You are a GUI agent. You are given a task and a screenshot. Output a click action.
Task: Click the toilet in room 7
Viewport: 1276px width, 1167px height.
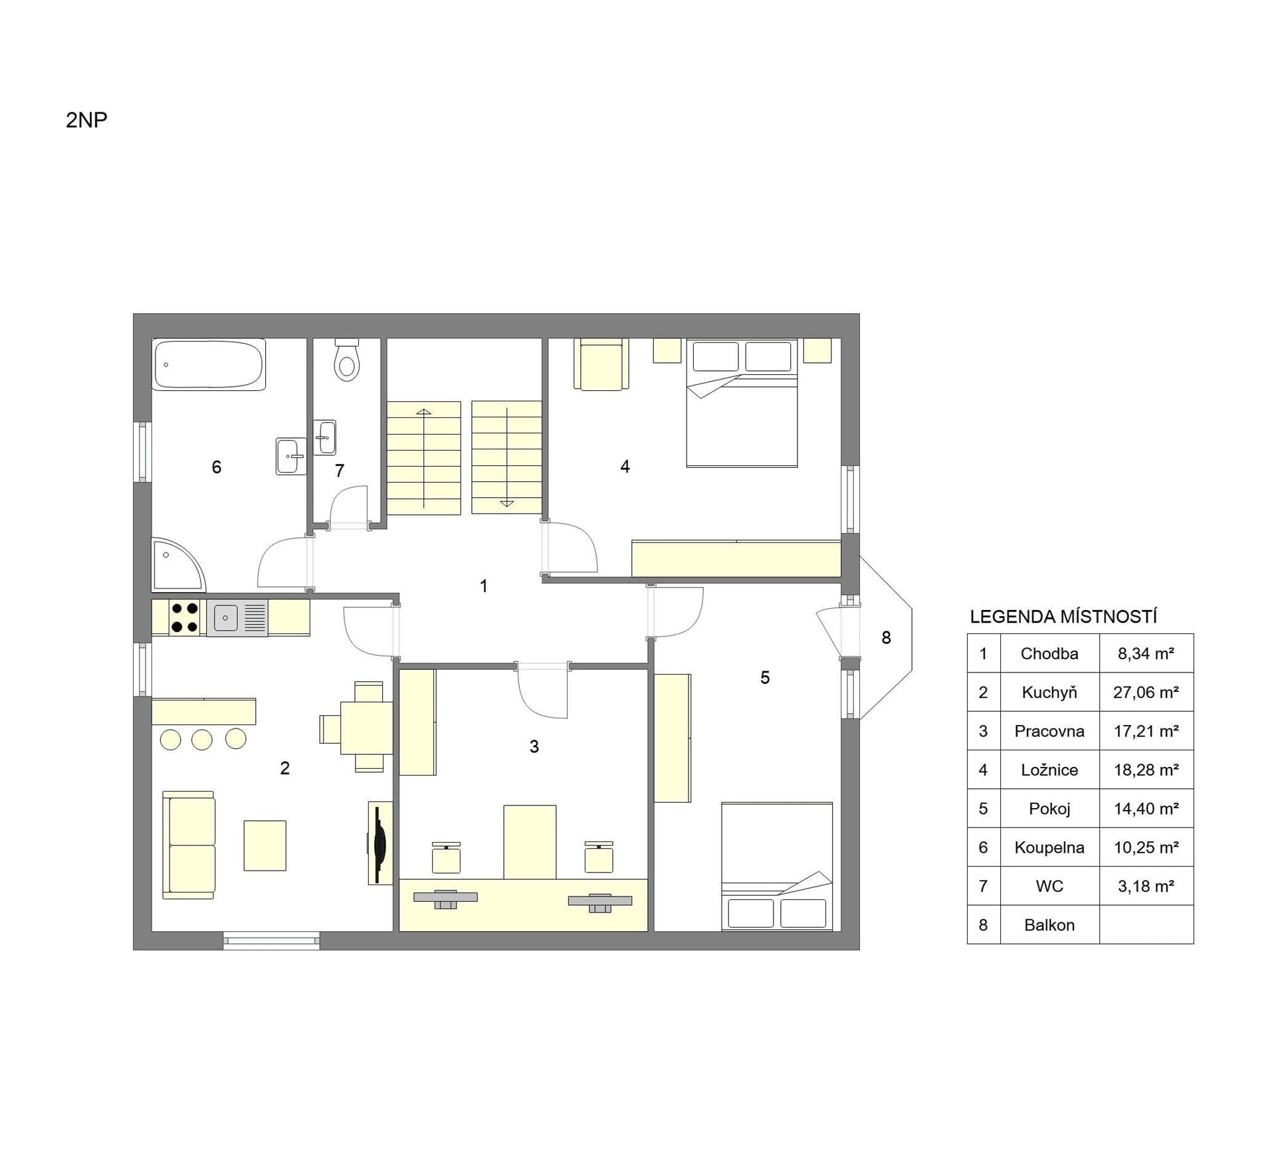[x=346, y=360]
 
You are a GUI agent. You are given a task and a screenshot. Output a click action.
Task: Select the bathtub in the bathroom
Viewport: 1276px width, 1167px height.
[x=209, y=364]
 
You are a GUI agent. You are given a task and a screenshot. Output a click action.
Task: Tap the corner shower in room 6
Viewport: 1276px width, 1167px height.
[x=177, y=565]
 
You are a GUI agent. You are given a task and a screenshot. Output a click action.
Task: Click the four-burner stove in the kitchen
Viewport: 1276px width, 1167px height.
[x=184, y=617]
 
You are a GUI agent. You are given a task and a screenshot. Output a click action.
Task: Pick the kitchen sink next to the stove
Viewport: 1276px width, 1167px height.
[x=237, y=618]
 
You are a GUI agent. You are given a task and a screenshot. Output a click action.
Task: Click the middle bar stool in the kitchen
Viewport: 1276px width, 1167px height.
[x=202, y=740]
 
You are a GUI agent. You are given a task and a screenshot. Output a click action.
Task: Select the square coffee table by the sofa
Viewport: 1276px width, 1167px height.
[x=265, y=845]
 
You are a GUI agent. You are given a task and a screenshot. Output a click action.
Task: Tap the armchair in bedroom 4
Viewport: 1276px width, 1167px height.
[x=601, y=364]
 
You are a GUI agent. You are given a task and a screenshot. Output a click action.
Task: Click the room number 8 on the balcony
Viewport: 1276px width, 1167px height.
[x=886, y=638]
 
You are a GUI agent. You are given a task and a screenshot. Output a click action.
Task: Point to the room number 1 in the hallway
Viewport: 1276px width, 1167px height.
[x=484, y=586]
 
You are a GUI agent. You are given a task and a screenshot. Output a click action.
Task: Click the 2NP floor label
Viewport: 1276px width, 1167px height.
[x=86, y=120]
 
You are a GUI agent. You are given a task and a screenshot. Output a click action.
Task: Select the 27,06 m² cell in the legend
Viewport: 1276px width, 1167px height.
[x=1146, y=692]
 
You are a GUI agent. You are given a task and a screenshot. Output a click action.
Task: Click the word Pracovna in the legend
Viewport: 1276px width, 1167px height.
[x=1049, y=731]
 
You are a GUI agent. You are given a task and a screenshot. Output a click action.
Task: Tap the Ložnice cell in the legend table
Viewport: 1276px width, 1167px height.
[x=1050, y=770]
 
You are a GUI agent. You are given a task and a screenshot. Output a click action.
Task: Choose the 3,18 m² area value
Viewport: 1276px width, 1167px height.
[x=1146, y=887]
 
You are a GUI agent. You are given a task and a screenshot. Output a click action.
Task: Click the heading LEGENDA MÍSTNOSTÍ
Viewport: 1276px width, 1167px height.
[x=1063, y=617]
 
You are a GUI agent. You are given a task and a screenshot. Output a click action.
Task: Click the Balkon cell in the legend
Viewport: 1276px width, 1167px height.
[x=1050, y=925]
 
